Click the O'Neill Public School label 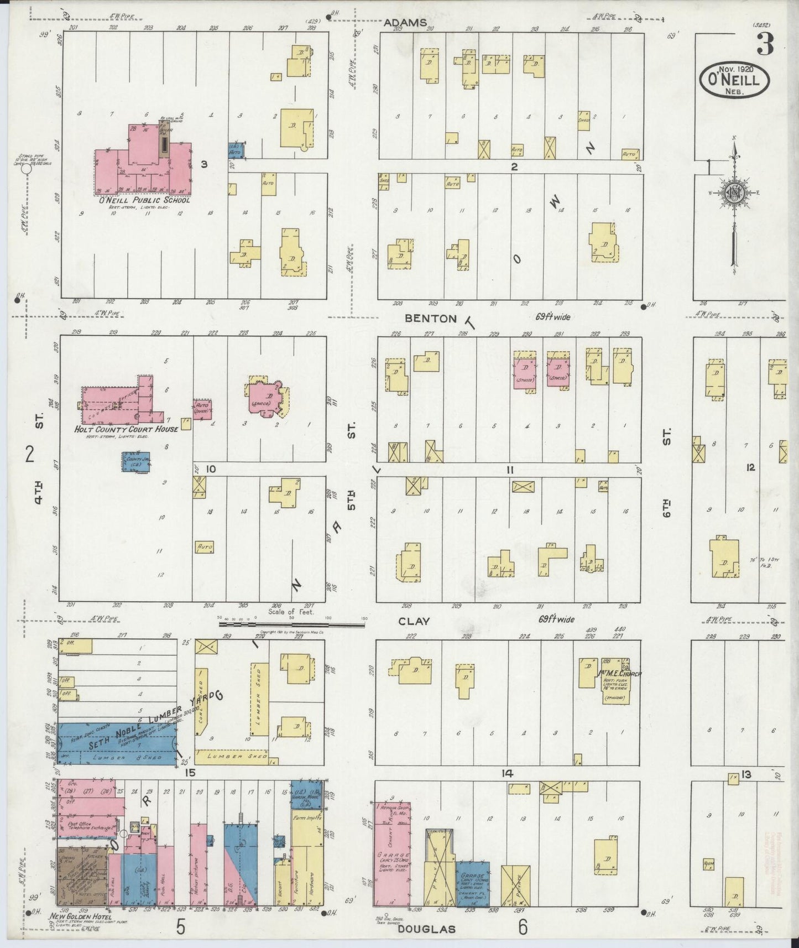(x=144, y=200)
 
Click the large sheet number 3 (x=765, y=44)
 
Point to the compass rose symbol (x=734, y=194)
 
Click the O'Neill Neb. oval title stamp (x=734, y=81)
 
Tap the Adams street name (x=406, y=23)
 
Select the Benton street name (x=431, y=319)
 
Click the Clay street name (x=414, y=621)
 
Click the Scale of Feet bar (x=291, y=624)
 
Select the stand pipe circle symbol (x=25, y=170)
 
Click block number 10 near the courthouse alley (x=210, y=470)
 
